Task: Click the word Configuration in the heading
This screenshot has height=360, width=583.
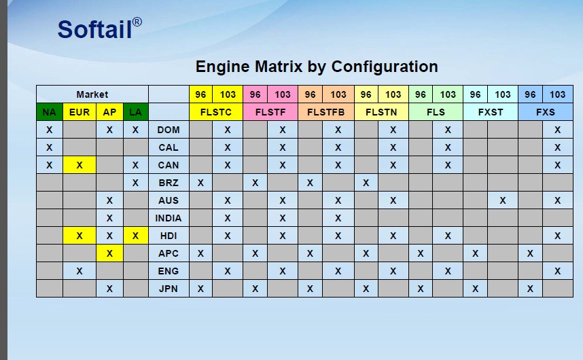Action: pyautogui.click(x=385, y=67)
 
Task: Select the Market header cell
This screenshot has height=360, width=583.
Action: pyautogui.click(x=92, y=94)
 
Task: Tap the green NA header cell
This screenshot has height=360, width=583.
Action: pyautogui.click(x=50, y=112)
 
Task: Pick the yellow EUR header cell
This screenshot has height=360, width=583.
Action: pyautogui.click(x=79, y=112)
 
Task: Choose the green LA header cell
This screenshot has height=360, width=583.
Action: pyautogui.click(x=135, y=112)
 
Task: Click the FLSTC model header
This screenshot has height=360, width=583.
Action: pyautogui.click(x=215, y=112)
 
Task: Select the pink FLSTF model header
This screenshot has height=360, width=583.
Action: pyautogui.click(x=270, y=112)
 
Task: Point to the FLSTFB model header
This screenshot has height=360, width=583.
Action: pyautogui.click(x=326, y=112)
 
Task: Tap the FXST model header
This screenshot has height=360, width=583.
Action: pyautogui.click(x=491, y=112)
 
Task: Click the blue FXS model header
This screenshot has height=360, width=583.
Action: pyautogui.click(x=546, y=112)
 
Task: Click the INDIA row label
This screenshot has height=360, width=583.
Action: pyautogui.click(x=169, y=218)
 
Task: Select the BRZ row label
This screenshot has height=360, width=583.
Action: pyautogui.click(x=169, y=183)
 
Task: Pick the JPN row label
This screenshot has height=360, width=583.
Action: pyautogui.click(x=169, y=289)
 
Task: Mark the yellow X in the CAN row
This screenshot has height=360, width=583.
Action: pyautogui.click(x=79, y=165)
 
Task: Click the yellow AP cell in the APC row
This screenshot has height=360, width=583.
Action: pyautogui.click(x=109, y=253)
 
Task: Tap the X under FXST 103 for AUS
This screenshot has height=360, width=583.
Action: pyautogui.click(x=503, y=200)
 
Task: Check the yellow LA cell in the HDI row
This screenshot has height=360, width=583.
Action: pyautogui.click(x=135, y=236)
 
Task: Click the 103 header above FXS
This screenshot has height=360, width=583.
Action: pyautogui.click(x=557, y=94)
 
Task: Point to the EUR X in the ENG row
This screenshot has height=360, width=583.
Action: pyautogui.click(x=79, y=271)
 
